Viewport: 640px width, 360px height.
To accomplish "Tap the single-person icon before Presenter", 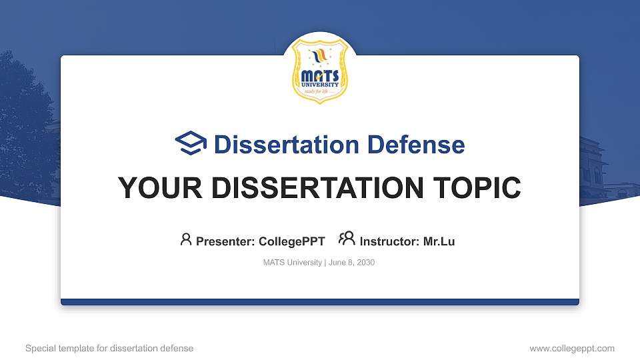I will (x=186, y=239).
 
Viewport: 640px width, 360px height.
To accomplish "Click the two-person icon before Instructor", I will (x=347, y=239).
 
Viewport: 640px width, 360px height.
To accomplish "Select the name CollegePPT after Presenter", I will (x=291, y=241).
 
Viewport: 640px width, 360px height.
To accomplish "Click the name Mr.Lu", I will (x=439, y=241).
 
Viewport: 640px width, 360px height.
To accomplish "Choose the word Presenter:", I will (x=225, y=241).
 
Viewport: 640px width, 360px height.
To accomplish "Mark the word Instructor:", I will (x=389, y=241).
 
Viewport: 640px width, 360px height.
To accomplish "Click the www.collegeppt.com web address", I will (x=571, y=348).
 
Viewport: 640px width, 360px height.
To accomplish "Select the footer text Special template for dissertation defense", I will (x=109, y=348).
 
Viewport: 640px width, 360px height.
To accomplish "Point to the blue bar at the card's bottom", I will (x=320, y=302).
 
